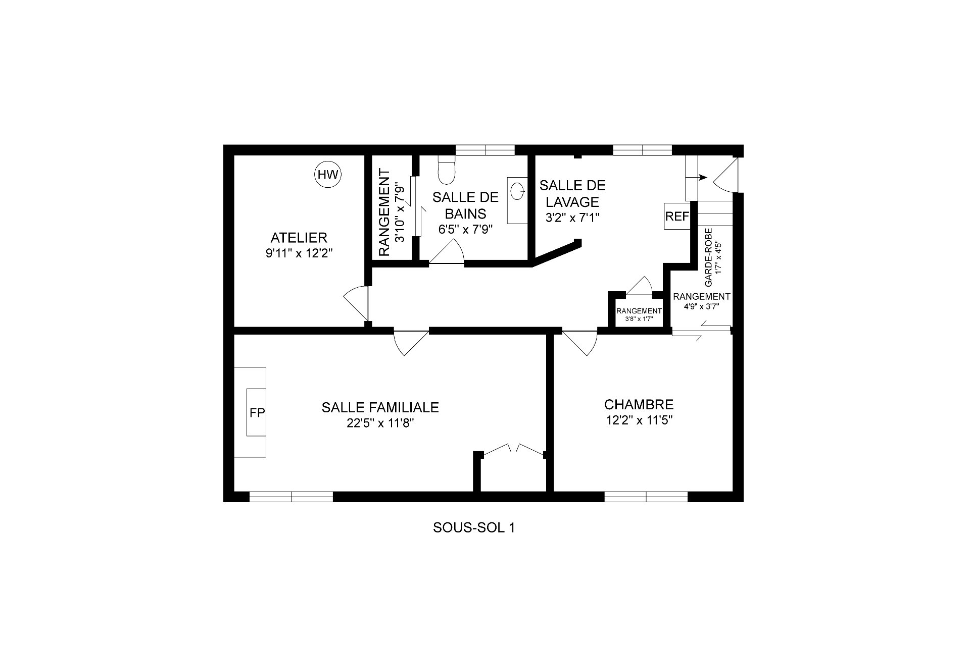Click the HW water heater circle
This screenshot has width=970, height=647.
[328, 175]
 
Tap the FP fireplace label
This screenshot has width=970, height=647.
[257, 413]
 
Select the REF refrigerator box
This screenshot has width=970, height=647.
[677, 217]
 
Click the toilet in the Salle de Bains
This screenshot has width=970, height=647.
[447, 169]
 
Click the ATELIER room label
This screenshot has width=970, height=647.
[299, 237]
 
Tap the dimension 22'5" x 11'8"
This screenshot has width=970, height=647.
[380, 423]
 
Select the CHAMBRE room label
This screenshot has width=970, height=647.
[639, 404]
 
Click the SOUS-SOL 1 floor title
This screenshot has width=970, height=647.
[474, 528]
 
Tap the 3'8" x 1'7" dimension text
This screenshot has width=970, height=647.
[639, 319]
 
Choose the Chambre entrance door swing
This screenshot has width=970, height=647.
[579, 343]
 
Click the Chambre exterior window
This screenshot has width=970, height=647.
[646, 497]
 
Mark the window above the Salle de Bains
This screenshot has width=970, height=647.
[485, 150]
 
